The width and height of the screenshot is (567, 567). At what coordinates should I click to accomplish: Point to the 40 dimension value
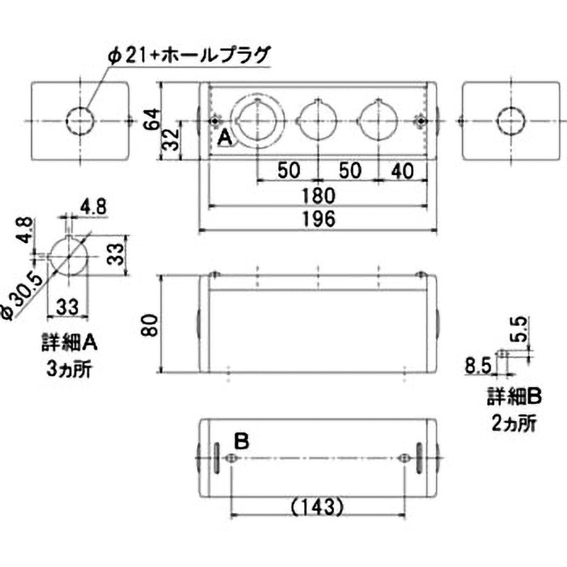(401, 170)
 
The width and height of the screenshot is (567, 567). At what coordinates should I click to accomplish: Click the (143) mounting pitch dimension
(317, 507)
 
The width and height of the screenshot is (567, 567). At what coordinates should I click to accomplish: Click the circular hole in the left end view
(80, 121)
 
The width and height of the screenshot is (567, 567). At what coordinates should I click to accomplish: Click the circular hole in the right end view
(508, 121)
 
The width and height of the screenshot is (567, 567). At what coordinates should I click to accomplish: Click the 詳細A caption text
(69, 347)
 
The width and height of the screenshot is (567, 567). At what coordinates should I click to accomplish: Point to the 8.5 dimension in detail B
(478, 366)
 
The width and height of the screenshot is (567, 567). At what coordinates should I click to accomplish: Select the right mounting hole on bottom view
(404, 459)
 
